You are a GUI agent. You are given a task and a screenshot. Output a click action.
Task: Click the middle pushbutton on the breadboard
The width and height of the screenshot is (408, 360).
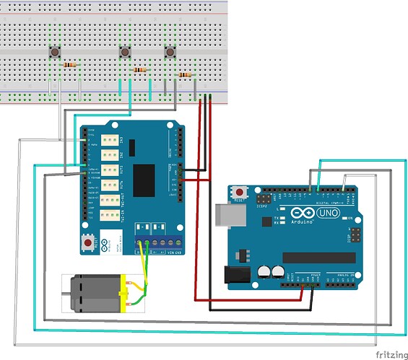click(123, 53)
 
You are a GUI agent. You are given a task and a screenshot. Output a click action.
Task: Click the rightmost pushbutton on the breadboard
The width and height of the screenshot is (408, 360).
click(170, 53)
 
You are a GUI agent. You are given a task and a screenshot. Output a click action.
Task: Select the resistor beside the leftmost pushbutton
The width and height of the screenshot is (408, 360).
click(70, 65)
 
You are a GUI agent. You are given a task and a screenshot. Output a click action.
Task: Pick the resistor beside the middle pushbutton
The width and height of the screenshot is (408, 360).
click(140, 70)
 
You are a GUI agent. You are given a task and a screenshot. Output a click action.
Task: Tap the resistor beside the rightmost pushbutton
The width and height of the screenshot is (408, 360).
click(186, 74)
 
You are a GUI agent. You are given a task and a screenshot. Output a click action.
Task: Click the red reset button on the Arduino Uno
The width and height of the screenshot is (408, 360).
click(240, 193)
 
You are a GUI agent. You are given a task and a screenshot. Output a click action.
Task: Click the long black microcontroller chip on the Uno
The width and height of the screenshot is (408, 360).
click(318, 258)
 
